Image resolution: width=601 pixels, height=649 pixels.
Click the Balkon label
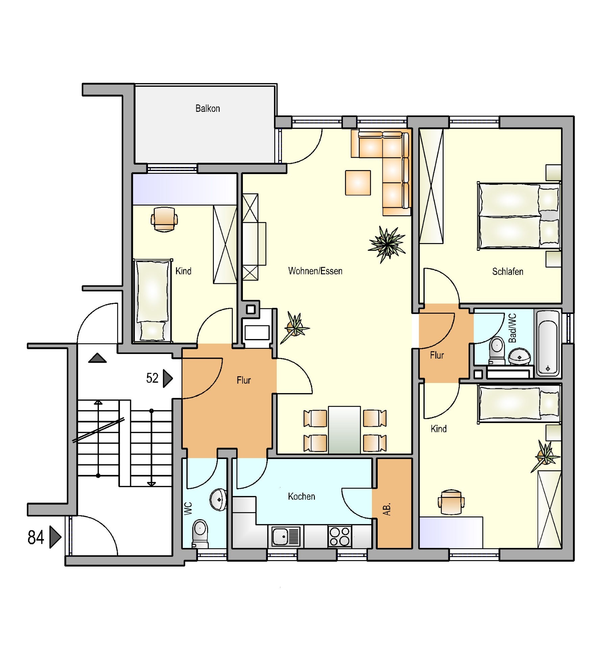[x=207, y=109]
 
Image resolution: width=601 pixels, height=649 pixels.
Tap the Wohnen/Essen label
[x=315, y=271]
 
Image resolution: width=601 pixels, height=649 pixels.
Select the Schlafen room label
[x=507, y=271]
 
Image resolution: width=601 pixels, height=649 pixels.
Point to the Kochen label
[x=301, y=497]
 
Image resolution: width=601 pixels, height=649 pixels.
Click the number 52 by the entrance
[x=152, y=378]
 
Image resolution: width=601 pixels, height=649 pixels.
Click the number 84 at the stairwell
[x=36, y=537]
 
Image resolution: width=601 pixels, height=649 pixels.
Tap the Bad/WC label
[x=512, y=328]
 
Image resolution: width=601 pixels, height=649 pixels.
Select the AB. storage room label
[x=387, y=509]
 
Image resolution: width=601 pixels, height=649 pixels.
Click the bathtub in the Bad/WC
[x=548, y=343]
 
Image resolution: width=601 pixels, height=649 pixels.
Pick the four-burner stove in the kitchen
[x=340, y=536]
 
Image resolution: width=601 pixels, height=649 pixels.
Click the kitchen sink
[x=286, y=536]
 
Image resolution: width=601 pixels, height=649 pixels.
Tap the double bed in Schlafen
[x=519, y=216]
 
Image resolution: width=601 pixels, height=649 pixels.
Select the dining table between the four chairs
[x=344, y=430]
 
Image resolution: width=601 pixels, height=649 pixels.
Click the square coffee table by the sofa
[x=358, y=183]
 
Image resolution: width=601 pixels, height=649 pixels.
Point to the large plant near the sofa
[x=387, y=243]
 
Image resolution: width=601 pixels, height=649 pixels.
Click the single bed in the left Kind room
[x=152, y=301]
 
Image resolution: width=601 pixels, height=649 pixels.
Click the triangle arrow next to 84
[x=55, y=537]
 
